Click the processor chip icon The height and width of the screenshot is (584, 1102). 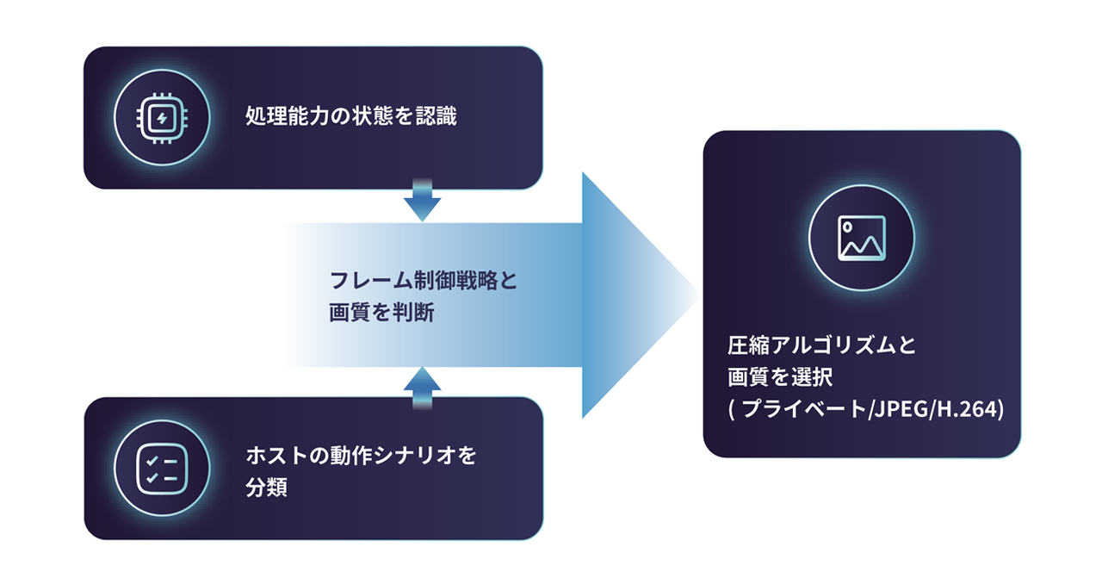[x=159, y=117]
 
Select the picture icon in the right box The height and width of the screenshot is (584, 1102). [x=861, y=238]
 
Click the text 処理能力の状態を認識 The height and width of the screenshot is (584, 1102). [x=351, y=117]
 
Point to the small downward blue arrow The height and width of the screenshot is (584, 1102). [x=422, y=204]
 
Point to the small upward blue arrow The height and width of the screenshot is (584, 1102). [x=422, y=382]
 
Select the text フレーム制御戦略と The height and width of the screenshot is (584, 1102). [x=424, y=281]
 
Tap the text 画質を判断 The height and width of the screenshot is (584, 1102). [x=381, y=314]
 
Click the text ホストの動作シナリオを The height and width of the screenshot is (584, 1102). [x=361, y=455]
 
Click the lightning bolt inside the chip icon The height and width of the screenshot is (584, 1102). [x=159, y=117]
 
